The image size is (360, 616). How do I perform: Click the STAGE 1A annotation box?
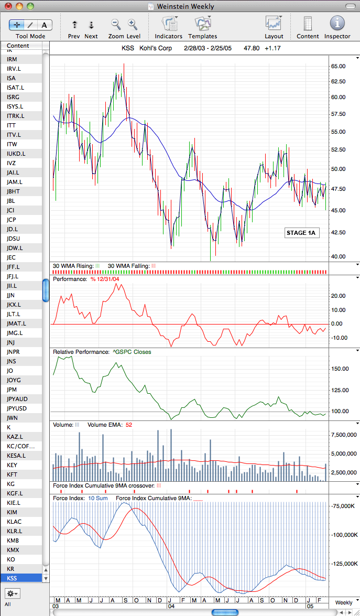(x=301, y=233)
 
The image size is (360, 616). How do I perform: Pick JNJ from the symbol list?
(x=12, y=342)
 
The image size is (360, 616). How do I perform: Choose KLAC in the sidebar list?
(x=14, y=521)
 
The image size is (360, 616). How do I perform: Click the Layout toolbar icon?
(x=274, y=24)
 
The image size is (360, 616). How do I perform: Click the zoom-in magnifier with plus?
(x=133, y=25)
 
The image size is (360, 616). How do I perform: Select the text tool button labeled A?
(x=45, y=25)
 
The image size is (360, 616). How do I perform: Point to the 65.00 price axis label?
(x=338, y=66)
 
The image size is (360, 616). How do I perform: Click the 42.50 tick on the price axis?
(x=338, y=232)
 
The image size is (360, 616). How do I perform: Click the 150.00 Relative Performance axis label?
(x=340, y=369)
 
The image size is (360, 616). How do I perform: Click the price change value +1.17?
(x=272, y=49)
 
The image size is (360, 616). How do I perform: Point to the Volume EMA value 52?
(x=129, y=425)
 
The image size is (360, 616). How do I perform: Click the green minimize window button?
(x=30, y=6)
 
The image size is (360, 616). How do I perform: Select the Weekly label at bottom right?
(x=344, y=602)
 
